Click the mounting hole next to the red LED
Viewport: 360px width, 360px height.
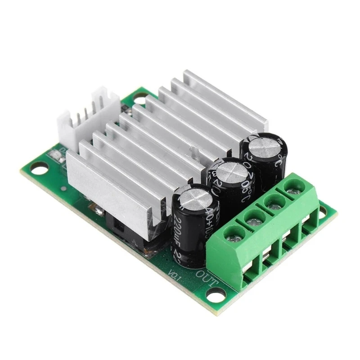pyautogui.click(x=38, y=169)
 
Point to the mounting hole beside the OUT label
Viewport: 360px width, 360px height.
pyautogui.click(x=216, y=295)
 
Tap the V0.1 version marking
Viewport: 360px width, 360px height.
pyautogui.click(x=174, y=274)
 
